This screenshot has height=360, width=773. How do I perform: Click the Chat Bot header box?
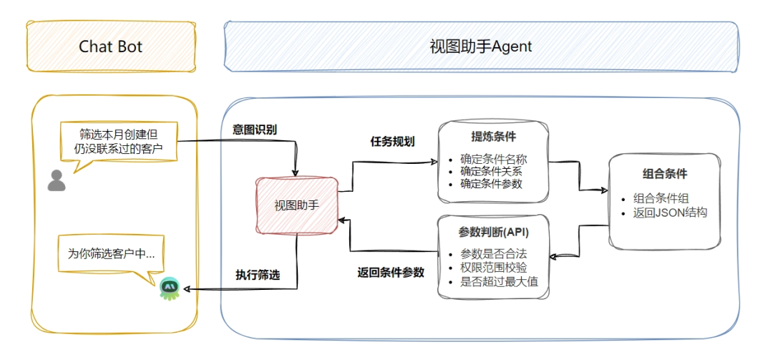click(111, 47)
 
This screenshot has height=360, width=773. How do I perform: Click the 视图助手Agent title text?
click(480, 47)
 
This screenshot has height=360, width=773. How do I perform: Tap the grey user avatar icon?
click(57, 180)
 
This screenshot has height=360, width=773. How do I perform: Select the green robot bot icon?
click(170, 288)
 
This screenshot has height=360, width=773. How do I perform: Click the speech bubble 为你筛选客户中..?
click(111, 253)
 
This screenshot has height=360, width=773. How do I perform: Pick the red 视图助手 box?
click(296, 205)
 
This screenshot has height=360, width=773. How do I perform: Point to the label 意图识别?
click(255, 130)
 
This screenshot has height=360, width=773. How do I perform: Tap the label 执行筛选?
click(258, 274)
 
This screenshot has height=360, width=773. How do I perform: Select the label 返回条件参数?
click(391, 273)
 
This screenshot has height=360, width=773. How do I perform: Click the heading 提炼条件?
click(494, 137)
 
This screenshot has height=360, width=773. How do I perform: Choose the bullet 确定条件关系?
click(491, 171)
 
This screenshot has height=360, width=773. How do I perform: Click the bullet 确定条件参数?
click(491, 183)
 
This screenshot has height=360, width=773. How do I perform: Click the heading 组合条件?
click(665, 174)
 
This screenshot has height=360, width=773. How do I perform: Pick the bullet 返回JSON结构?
click(670, 212)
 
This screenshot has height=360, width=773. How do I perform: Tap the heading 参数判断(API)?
click(494, 233)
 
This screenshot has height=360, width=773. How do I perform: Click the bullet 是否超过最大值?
click(499, 281)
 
